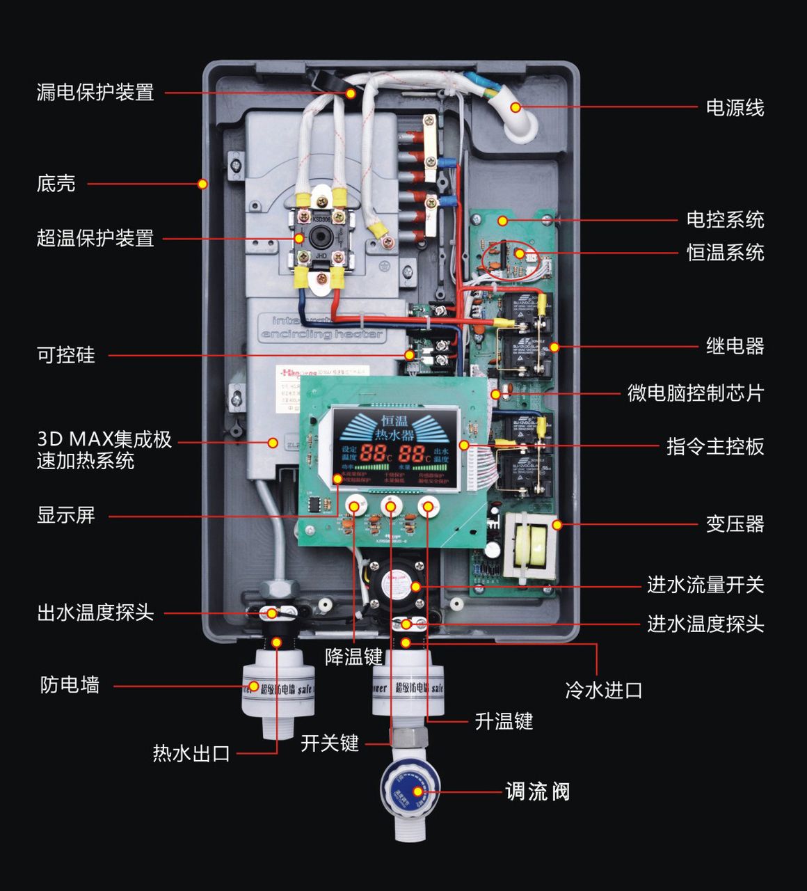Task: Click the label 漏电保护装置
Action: click(95, 93)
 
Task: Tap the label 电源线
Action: click(735, 108)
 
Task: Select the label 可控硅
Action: click(66, 356)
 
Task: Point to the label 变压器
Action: click(735, 524)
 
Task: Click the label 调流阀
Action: click(537, 791)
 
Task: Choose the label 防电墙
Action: click(70, 686)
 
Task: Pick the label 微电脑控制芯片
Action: click(695, 393)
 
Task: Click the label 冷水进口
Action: click(603, 691)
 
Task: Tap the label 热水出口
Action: click(191, 753)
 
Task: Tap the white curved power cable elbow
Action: click(520, 118)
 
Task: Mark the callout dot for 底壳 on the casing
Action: click(202, 184)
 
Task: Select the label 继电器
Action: click(735, 346)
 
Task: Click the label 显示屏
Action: click(66, 516)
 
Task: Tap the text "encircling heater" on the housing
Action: click(322, 335)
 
